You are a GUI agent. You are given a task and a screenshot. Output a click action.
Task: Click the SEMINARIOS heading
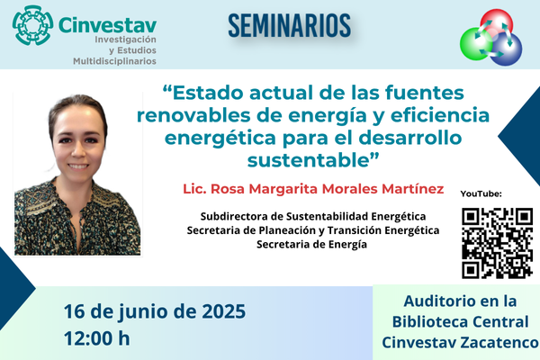(289, 25)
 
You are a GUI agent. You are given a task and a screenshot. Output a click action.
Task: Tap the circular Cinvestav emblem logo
(33, 25)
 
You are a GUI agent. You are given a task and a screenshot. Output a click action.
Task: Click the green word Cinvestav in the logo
(108, 25)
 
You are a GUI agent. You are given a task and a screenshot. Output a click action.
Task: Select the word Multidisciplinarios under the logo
(114, 61)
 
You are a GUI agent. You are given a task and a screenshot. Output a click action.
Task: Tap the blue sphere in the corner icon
(506, 49)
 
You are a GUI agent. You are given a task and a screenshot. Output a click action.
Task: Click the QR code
(498, 243)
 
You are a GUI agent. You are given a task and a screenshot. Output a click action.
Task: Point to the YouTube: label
(481, 194)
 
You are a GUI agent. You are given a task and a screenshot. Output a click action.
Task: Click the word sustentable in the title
(308, 160)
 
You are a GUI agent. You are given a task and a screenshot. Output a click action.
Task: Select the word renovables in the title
(193, 115)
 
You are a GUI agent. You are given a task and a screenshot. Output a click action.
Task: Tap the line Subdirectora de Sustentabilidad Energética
(313, 216)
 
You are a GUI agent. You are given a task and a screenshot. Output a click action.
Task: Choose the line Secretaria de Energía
(311, 244)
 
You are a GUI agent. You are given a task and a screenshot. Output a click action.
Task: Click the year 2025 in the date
(223, 311)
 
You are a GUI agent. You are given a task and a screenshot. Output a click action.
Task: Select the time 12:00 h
(97, 338)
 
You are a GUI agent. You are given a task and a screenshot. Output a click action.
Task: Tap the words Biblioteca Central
(461, 322)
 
